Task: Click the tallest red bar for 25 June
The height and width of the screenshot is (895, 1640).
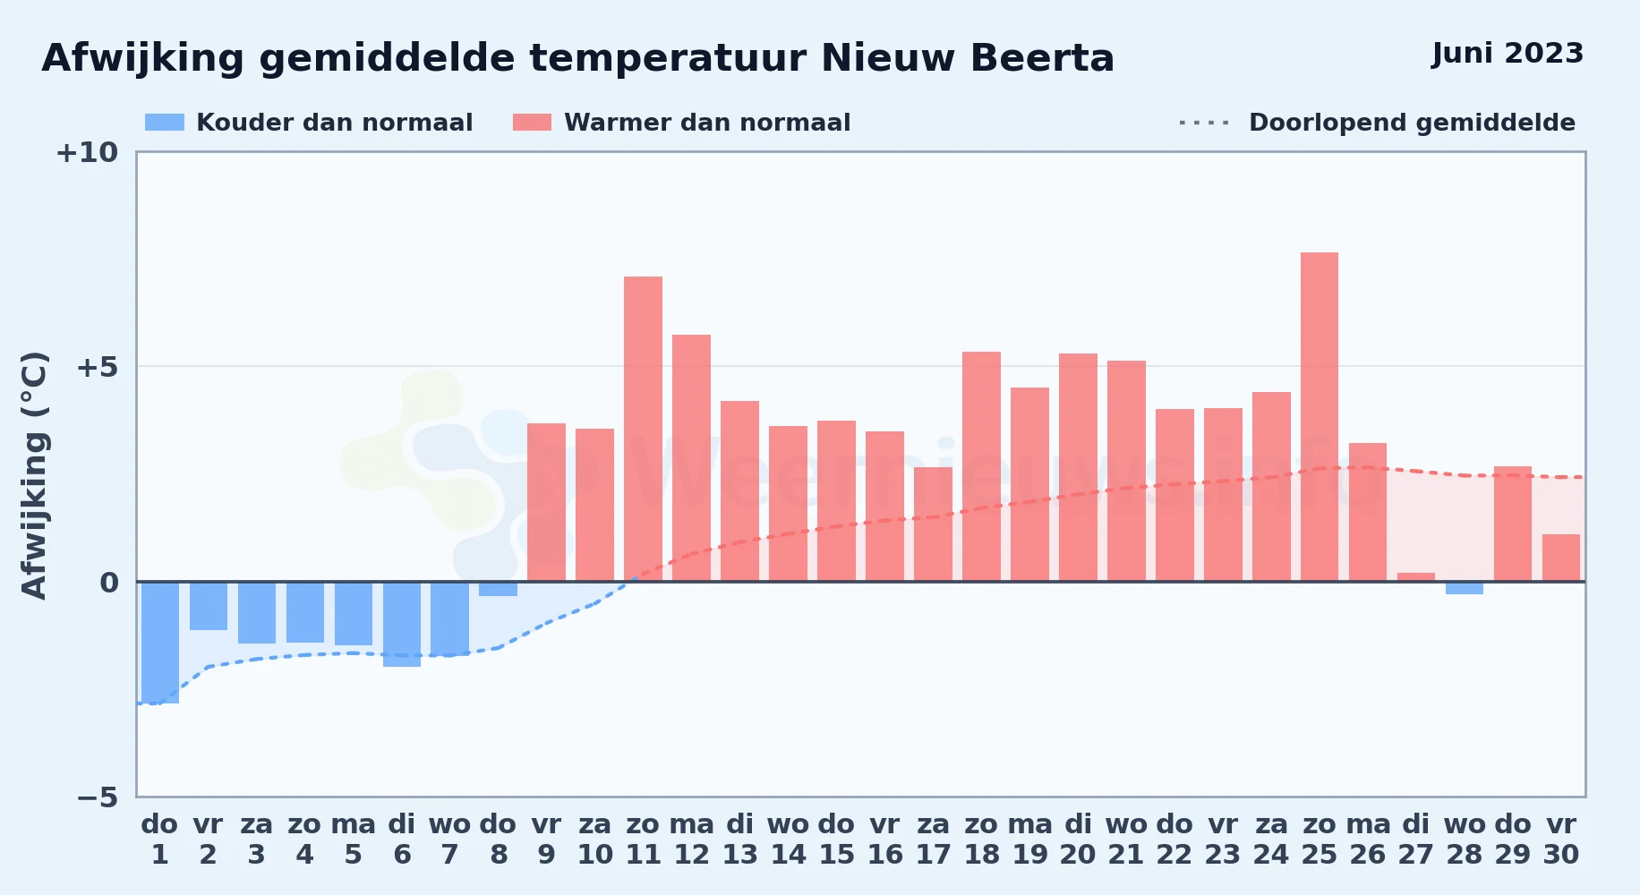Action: click(1320, 417)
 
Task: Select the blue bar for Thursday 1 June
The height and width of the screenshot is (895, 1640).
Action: click(160, 643)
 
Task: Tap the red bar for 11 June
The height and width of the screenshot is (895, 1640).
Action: click(644, 429)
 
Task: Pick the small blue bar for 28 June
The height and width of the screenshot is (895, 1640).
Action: click(1465, 588)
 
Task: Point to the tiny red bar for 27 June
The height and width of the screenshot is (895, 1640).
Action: click(1416, 577)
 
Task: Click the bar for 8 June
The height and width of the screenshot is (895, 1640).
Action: click(499, 589)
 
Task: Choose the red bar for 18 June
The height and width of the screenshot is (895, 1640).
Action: click(982, 466)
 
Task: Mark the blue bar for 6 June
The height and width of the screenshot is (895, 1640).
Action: click(402, 624)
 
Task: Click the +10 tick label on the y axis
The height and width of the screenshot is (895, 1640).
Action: click(87, 153)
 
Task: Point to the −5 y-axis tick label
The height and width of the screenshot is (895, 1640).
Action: click(97, 797)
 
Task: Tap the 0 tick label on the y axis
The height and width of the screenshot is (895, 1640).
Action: click(109, 583)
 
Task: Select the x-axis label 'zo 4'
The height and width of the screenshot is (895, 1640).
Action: click(304, 840)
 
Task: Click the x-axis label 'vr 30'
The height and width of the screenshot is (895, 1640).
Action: click(1561, 840)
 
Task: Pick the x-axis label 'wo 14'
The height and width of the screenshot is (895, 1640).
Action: click(789, 840)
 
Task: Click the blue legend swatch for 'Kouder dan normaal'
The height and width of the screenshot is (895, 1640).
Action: click(165, 123)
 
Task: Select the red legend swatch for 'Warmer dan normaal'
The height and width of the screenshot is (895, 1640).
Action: click(533, 123)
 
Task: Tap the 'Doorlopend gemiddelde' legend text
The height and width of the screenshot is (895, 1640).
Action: click(1412, 123)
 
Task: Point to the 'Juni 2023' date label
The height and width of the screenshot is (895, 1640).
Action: click(1508, 53)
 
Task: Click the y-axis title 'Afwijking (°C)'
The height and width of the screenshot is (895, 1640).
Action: click(34, 475)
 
